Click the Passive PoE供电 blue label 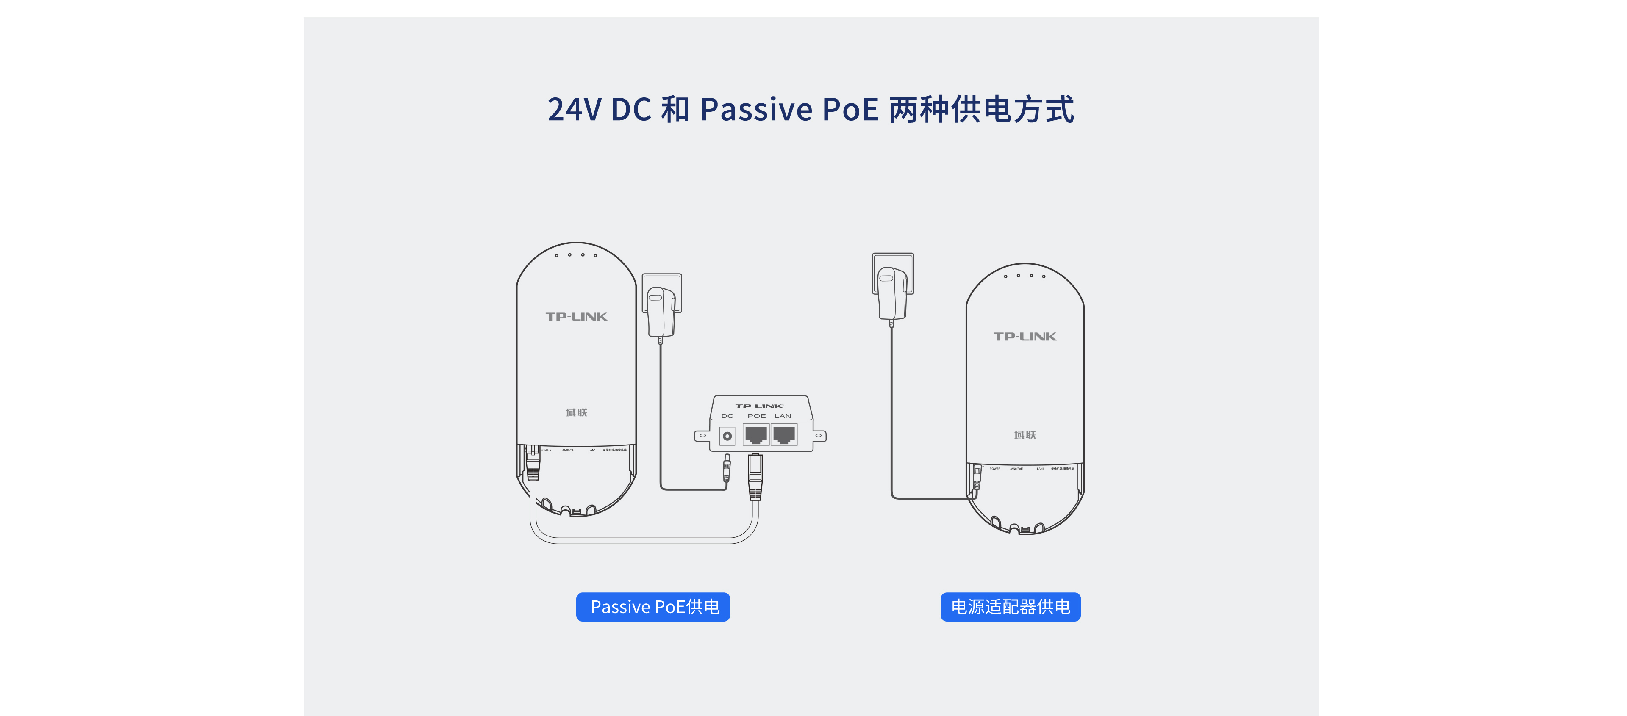(653, 607)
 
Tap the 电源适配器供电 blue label (1010, 607)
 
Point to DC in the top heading (631, 109)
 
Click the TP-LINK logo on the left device (576, 316)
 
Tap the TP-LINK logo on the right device (1025, 337)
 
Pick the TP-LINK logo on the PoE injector (759, 406)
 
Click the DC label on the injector (727, 416)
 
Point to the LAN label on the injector (783, 416)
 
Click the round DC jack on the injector (727, 436)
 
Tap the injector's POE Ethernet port (755, 434)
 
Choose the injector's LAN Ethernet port (784, 434)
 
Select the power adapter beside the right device (892, 292)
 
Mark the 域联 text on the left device (576, 412)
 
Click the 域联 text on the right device (1025, 434)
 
